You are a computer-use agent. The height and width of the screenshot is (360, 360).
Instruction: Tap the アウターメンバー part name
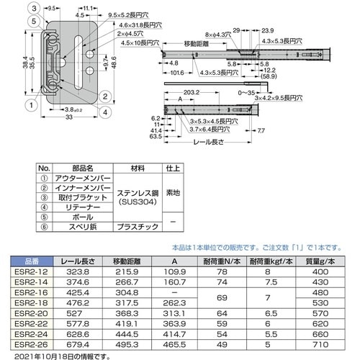(x=86, y=177)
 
